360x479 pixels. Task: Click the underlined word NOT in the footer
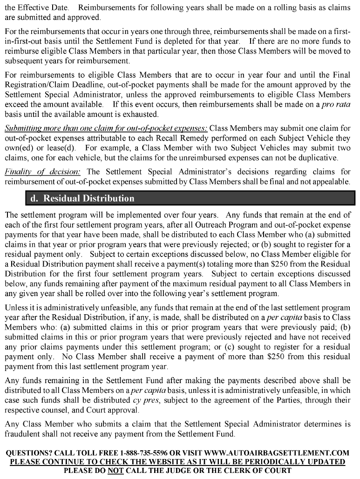115,470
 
